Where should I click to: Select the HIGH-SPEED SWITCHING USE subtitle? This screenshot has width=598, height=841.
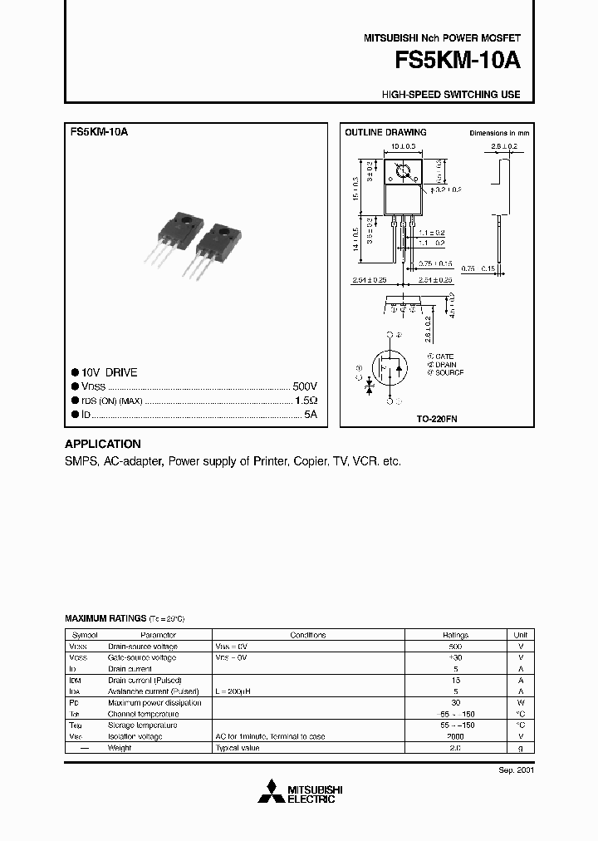pos(451,95)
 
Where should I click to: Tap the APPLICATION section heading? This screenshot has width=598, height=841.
pos(103,444)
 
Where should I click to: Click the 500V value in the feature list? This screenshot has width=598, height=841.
pos(305,387)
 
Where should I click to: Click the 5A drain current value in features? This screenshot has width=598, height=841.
pos(310,414)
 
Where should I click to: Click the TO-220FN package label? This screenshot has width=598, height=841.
pos(436,420)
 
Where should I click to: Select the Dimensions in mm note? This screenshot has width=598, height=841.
pos(499,133)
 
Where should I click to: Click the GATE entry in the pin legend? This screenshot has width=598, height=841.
pos(444,356)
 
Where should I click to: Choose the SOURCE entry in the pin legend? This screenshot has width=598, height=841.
pos(447,373)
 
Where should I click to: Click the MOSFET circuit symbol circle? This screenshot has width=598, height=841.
pos(390,366)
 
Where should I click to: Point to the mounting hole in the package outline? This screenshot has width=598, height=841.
pos(403,173)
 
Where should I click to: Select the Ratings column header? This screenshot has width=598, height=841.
pos(455,635)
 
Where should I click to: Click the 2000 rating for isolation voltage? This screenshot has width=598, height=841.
pos(455,736)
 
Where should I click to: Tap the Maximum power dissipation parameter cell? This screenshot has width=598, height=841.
pos(154,702)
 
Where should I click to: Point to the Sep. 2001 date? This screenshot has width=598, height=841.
pos(516,770)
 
